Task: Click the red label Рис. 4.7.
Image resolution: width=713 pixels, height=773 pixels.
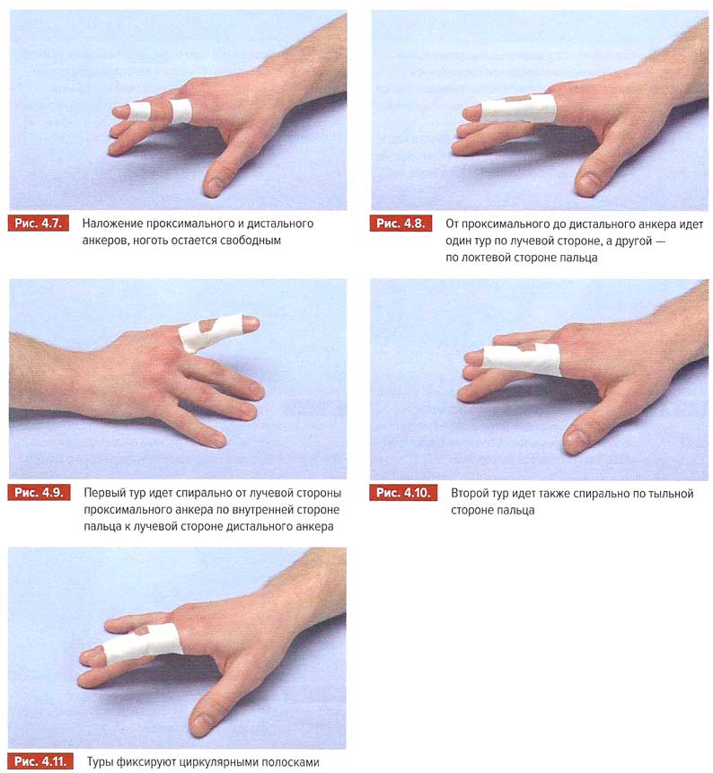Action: point(39,224)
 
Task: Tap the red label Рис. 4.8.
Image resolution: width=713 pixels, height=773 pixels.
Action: point(401,224)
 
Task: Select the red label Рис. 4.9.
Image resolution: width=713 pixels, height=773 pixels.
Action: point(39,493)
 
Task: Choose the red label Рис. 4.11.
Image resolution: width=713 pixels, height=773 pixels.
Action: point(40,761)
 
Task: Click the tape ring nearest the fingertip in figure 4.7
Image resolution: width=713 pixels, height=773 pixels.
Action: point(139,111)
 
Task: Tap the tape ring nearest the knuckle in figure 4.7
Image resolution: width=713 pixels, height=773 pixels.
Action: point(180,110)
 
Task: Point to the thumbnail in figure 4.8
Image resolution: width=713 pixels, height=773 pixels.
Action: point(588,181)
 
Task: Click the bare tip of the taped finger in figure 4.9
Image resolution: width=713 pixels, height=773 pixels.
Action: point(250,324)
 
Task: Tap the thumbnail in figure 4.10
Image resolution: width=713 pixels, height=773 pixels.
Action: point(575,438)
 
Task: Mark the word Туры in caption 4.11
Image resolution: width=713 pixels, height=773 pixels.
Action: point(100,762)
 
